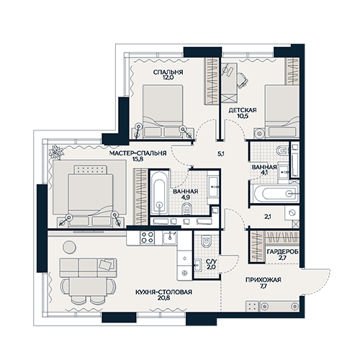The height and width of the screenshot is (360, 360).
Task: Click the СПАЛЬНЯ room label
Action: pyautogui.click(x=168, y=72)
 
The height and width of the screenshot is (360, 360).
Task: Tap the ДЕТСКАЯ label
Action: pyautogui.click(x=243, y=110)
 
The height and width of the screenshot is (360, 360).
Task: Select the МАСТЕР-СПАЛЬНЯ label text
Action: pyautogui.click(x=138, y=153)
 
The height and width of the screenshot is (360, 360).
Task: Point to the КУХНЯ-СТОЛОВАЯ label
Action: pyautogui.click(x=163, y=292)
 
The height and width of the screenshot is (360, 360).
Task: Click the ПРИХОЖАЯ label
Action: pyautogui.click(x=263, y=280)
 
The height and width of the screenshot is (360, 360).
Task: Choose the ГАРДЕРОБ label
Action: pyautogui.click(x=282, y=252)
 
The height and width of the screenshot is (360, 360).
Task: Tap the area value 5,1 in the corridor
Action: pyautogui.click(x=221, y=154)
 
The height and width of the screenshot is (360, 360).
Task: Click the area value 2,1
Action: pyautogui.click(x=268, y=217)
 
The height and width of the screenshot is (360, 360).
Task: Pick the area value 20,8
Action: pyautogui.click(x=164, y=298)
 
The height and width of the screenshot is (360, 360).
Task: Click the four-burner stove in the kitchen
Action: pyautogui.click(x=148, y=238)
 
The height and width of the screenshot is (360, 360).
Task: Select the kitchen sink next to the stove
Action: pyautogui.click(x=170, y=238)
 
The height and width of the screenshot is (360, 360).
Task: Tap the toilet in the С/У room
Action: pyautogui.click(x=206, y=241)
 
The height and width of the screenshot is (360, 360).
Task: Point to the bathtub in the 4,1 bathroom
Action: pyautogui.click(x=276, y=194)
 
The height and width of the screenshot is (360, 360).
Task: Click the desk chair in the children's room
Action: pyautogui.click(x=242, y=80)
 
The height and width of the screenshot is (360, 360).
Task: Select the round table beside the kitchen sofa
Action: pyautogui.click(x=69, y=247)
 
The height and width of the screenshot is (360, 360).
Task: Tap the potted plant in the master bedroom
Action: pyautogui.click(x=56, y=152)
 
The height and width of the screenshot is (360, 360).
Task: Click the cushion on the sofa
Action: pyautogui.click(x=106, y=264)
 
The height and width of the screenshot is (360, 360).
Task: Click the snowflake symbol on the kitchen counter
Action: pyautogui.click(x=184, y=273)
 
